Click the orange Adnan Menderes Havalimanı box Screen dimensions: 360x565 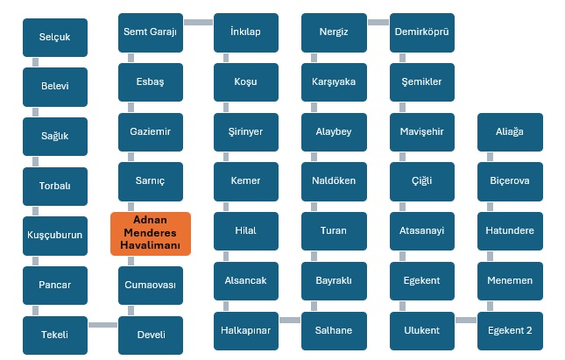click(151, 234)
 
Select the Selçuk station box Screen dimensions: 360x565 click(54, 38)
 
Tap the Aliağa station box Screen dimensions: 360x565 click(509, 131)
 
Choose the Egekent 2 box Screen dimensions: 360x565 click(509, 330)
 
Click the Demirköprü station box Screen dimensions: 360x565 click(421, 32)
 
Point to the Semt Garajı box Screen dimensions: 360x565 click(151, 32)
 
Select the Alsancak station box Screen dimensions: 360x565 click(246, 281)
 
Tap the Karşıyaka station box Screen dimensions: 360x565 click(334, 82)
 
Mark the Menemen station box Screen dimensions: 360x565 click(509, 281)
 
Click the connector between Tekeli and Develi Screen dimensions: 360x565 click(102, 326)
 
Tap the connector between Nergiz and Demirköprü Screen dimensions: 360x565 click(378, 22)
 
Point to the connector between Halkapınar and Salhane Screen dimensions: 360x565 click(290, 321)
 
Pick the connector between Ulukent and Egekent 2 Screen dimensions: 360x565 click(465, 321)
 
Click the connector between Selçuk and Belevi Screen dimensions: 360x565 click(36, 62)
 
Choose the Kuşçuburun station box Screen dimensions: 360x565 click(54, 236)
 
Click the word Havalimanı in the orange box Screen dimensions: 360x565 click(151, 247)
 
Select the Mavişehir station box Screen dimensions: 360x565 click(421, 131)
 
